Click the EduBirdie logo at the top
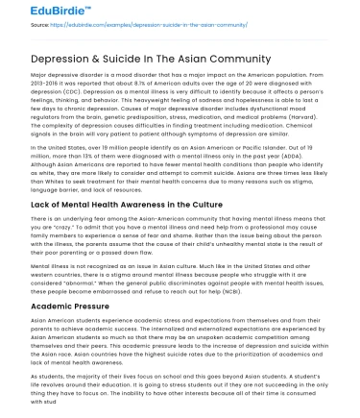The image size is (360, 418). click(x=36, y=12)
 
